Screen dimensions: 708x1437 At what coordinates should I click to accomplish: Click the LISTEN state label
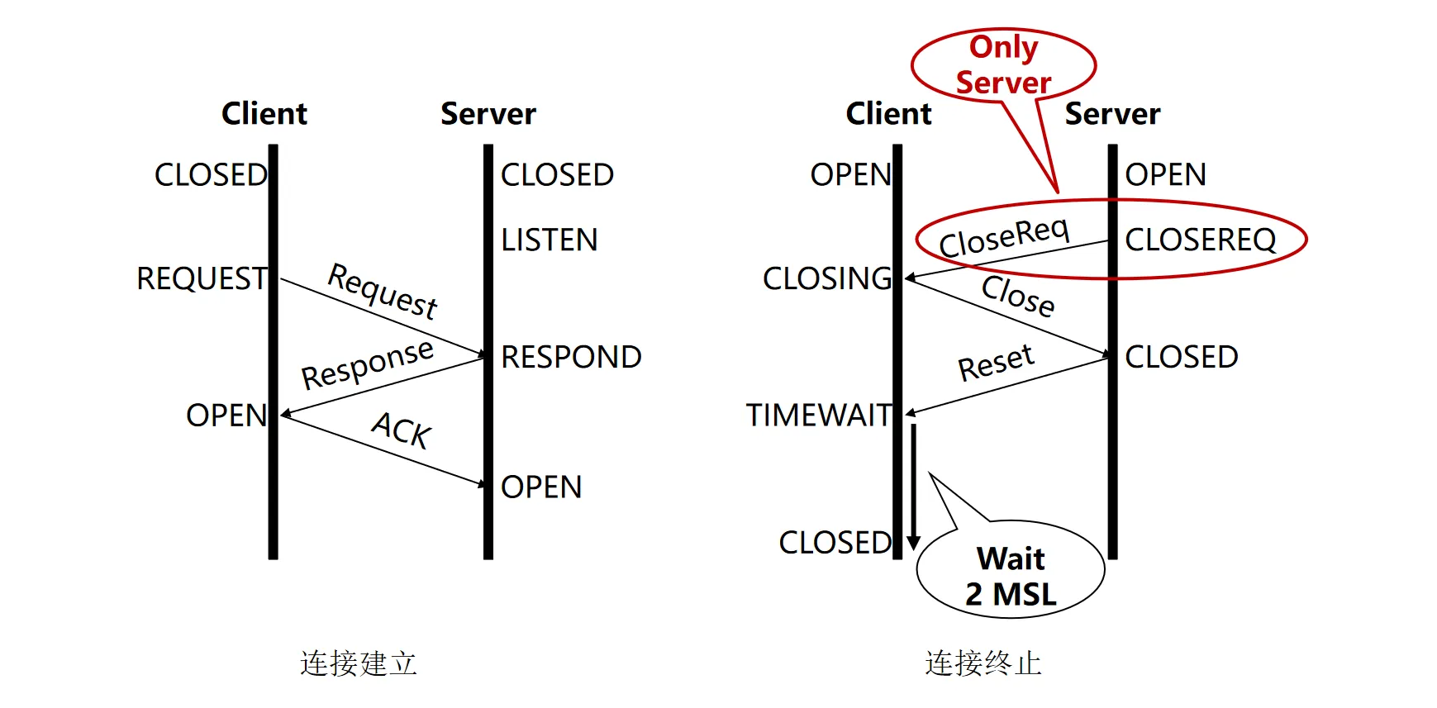pyautogui.click(x=549, y=240)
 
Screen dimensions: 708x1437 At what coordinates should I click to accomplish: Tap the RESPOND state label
pyautogui.click(x=571, y=357)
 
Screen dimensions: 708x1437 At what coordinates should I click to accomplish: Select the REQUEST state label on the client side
pyautogui.click(x=202, y=279)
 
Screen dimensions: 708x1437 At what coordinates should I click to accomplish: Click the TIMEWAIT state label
pyautogui.click(x=818, y=415)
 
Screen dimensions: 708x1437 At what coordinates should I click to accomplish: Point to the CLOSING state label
pyautogui.click(x=827, y=279)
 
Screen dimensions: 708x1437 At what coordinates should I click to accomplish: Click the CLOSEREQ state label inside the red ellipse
pyautogui.click(x=1200, y=240)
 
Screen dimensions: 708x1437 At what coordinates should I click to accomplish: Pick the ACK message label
pyautogui.click(x=402, y=430)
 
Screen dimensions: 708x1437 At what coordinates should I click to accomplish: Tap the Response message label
pyautogui.click(x=367, y=364)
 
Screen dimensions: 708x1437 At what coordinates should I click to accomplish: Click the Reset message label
pyautogui.click(x=996, y=363)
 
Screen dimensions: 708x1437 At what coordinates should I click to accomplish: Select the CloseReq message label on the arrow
pyautogui.click(x=1004, y=237)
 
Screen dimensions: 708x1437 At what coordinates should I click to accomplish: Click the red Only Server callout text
pyautogui.click(x=1003, y=64)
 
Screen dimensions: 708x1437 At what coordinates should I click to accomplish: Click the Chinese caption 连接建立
pyautogui.click(x=358, y=663)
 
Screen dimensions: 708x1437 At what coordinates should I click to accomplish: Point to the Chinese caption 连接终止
pyautogui.click(x=983, y=663)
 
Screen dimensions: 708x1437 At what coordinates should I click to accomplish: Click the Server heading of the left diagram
pyautogui.click(x=488, y=113)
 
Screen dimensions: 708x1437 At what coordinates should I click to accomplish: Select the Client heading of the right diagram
pyautogui.click(x=888, y=113)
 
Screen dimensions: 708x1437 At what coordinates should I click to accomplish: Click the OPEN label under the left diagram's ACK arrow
pyautogui.click(x=541, y=487)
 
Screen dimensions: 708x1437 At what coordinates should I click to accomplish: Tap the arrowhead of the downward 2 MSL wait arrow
pyautogui.click(x=913, y=542)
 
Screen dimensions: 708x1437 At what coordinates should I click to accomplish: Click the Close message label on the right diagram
pyautogui.click(x=1018, y=296)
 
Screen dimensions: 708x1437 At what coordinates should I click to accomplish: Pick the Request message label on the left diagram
pyautogui.click(x=383, y=291)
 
